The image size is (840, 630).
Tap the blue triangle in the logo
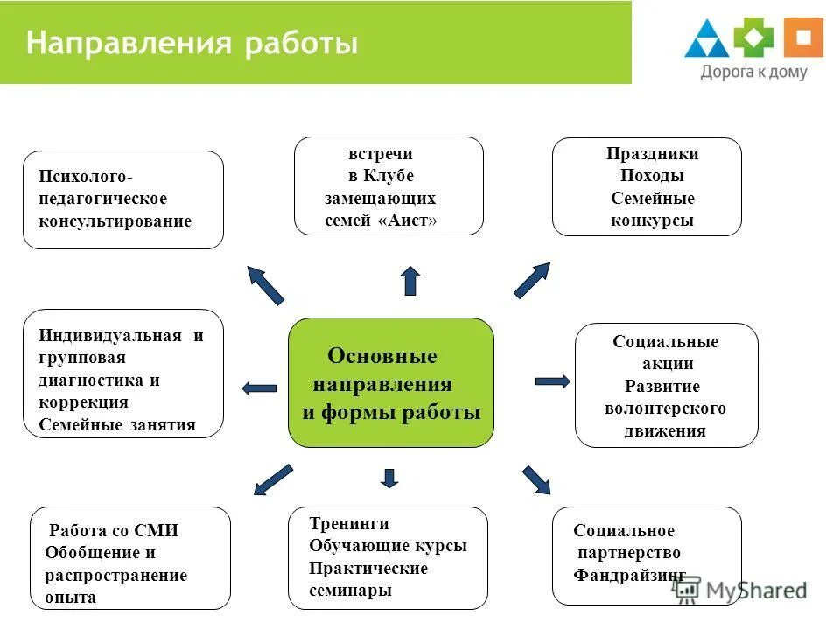[x=706, y=40]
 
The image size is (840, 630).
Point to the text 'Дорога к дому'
[x=753, y=73]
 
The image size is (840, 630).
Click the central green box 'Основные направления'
[x=391, y=383]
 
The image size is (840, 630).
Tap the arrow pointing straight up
[x=409, y=280]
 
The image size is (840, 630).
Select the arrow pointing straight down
[x=390, y=477]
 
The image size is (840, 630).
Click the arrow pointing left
[x=259, y=388]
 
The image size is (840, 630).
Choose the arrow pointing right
[x=552, y=381]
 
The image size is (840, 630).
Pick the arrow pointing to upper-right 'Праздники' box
[x=532, y=281]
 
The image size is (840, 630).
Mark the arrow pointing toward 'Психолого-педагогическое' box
[x=265, y=285]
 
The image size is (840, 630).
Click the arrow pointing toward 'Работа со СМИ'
[x=273, y=479]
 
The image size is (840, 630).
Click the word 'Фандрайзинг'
[x=629, y=576]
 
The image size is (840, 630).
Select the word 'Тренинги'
[x=349, y=523]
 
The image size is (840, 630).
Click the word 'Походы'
[x=652, y=176]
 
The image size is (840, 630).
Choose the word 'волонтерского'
[x=665, y=409]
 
